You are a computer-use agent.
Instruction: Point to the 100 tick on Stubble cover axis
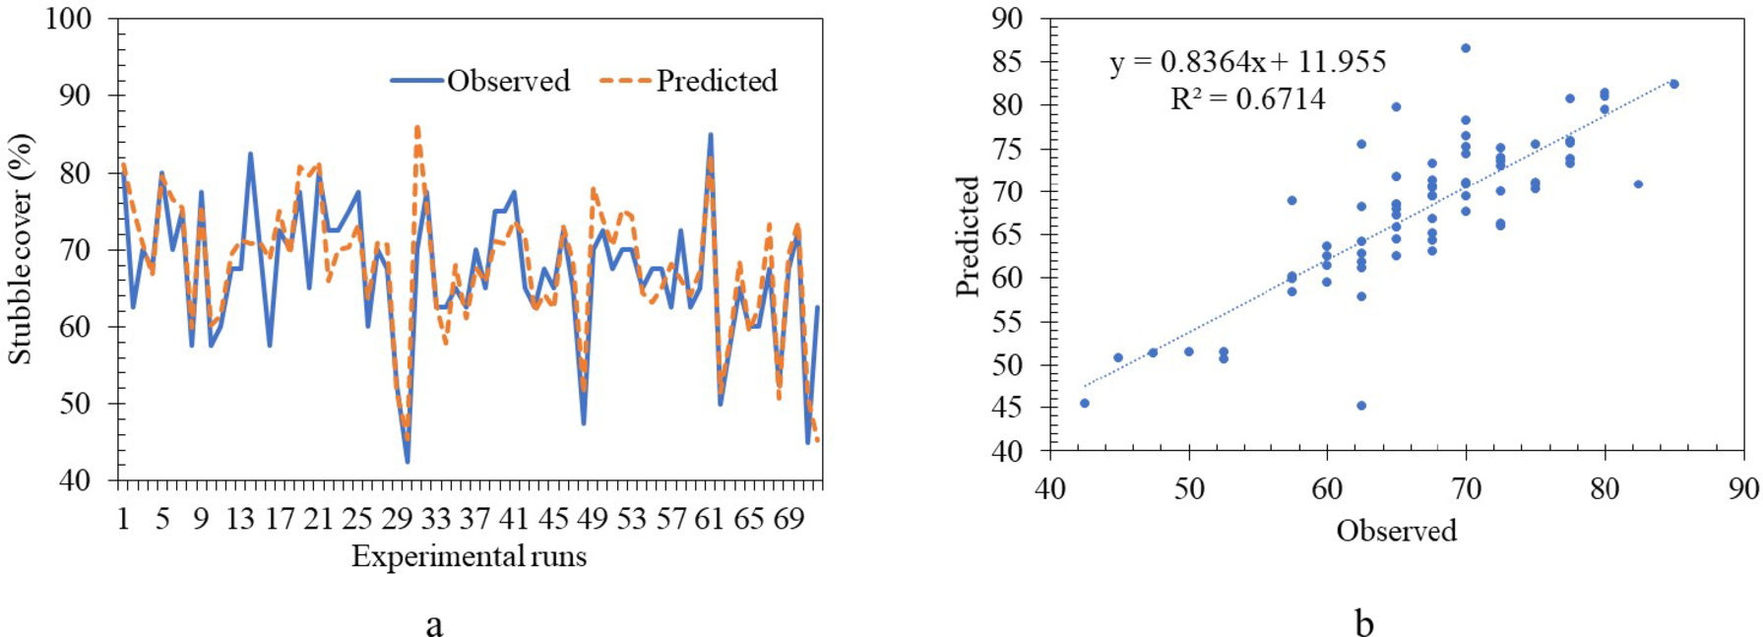click(68, 19)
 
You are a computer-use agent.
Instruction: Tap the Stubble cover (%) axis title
click(21, 249)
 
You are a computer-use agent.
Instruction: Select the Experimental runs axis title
click(469, 557)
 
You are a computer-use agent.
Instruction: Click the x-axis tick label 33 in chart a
click(435, 519)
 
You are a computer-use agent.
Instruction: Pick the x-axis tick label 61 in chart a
click(710, 519)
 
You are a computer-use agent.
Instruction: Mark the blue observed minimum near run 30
click(408, 461)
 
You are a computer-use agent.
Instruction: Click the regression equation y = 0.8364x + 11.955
click(1247, 62)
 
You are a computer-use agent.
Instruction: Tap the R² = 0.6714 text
click(1247, 99)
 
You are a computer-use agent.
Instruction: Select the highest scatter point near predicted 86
click(1466, 47)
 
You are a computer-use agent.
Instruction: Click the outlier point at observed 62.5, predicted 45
click(1361, 406)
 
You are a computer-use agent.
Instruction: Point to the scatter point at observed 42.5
click(1085, 403)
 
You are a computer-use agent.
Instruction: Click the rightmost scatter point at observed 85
click(1674, 84)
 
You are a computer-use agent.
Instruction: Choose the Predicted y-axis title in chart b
click(968, 236)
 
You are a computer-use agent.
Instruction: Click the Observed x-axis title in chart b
click(1396, 531)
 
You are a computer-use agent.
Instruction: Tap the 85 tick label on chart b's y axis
click(1005, 62)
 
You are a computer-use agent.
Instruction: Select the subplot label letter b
click(1364, 622)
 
